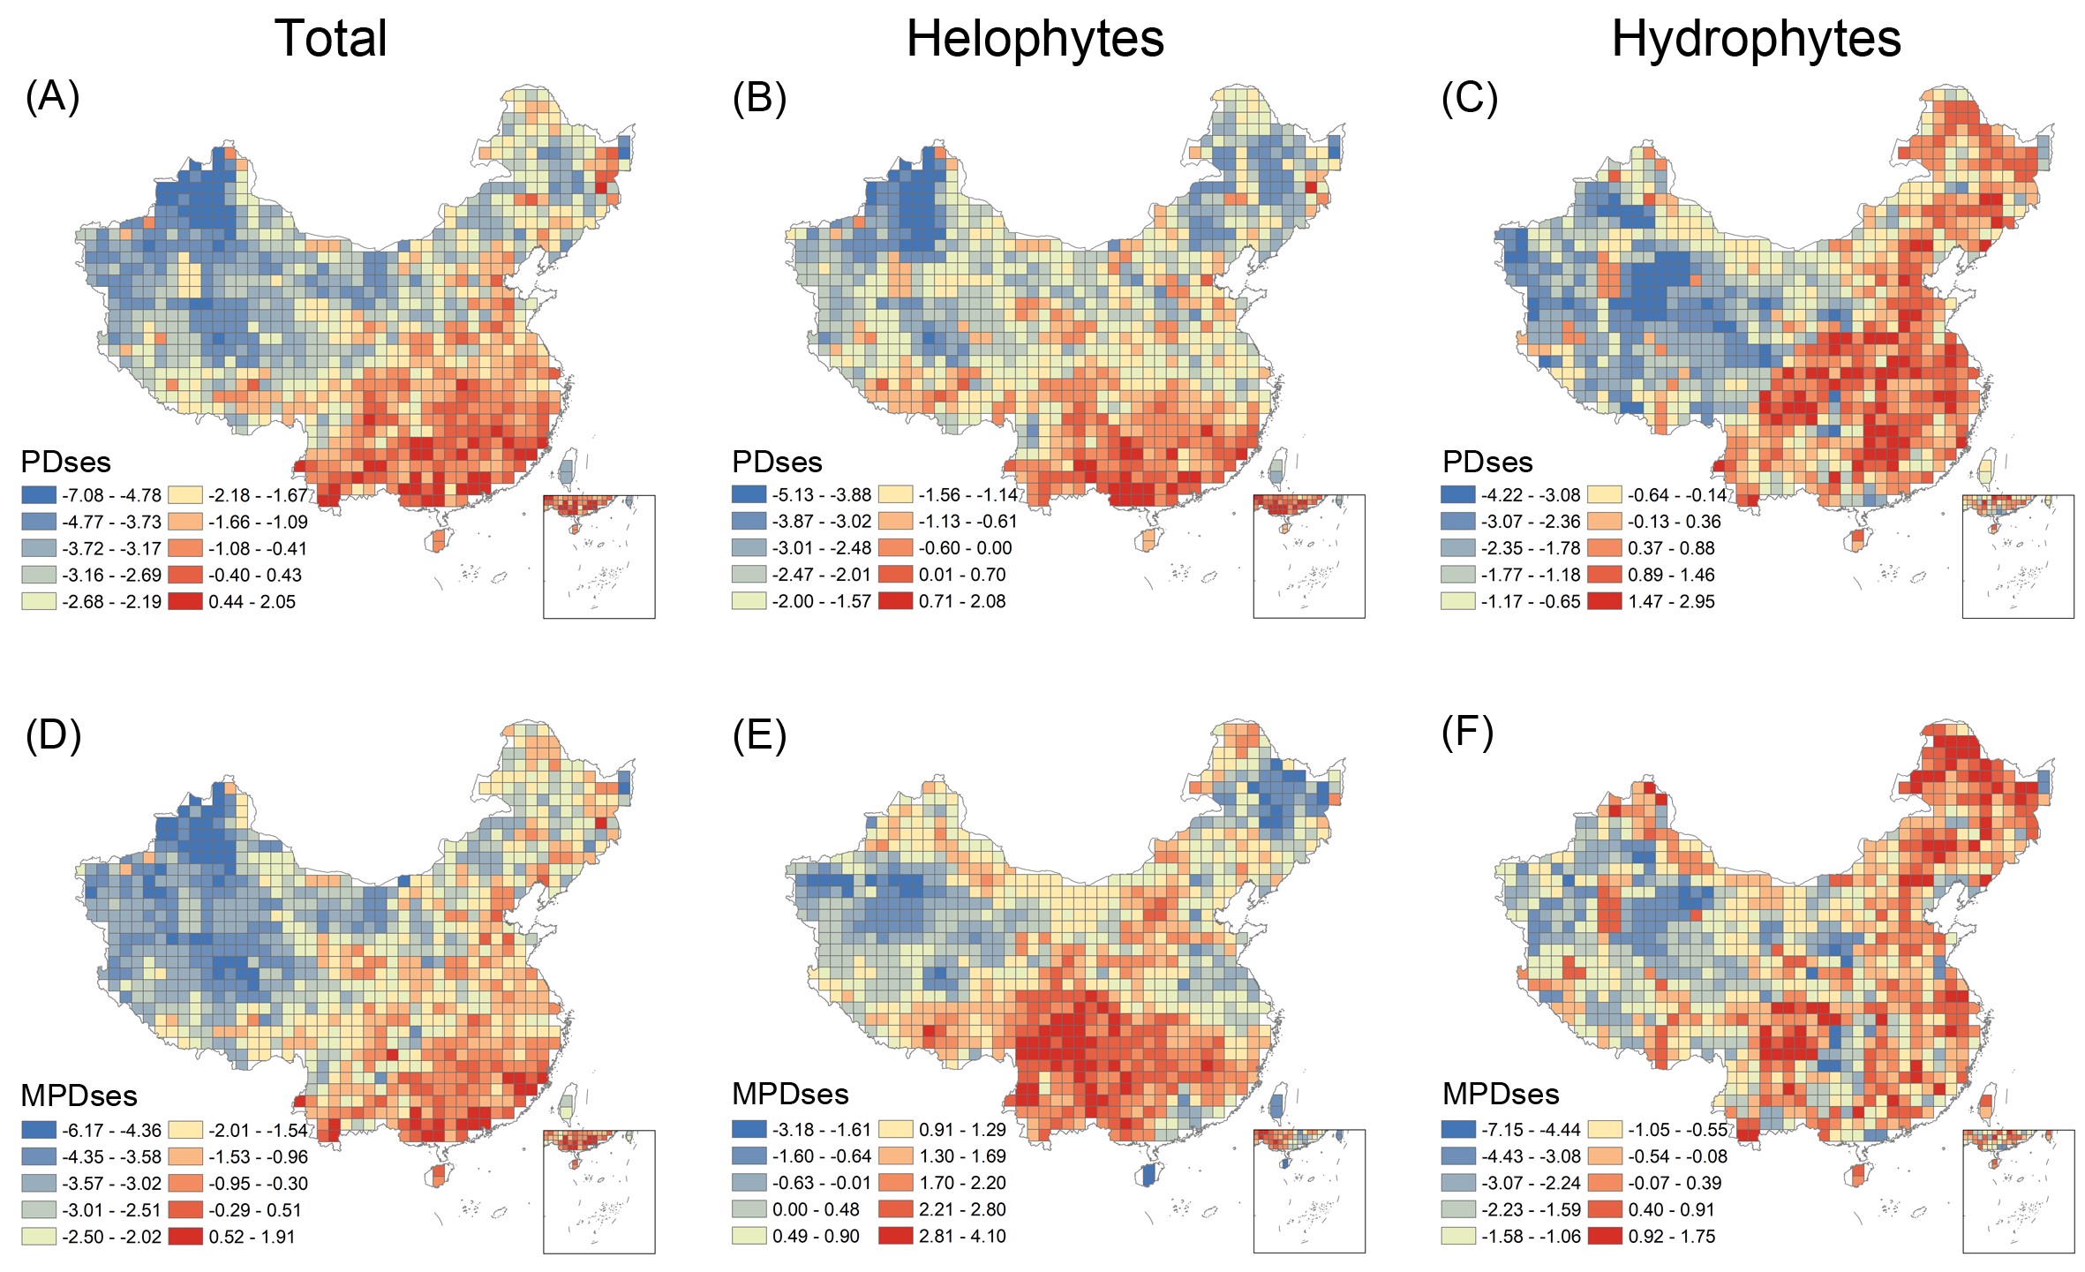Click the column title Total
pos(331,39)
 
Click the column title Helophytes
pos(1035,39)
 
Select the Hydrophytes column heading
pos(1756,39)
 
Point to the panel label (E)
pos(759,734)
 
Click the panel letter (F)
pos(1467,733)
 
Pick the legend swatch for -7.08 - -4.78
pos(38,495)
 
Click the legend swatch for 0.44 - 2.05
pos(184,601)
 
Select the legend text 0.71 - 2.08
pos(962,601)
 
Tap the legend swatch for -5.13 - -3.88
pos(749,495)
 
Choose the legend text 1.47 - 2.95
pos(1671,601)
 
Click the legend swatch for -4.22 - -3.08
pos(1458,495)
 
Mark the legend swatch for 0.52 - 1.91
pos(184,1236)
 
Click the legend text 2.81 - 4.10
pos(962,1236)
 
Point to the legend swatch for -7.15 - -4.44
pos(1458,1129)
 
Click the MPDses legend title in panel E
pos(790,1095)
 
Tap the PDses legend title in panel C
pos(1487,462)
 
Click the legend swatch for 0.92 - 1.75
pos(1604,1236)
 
